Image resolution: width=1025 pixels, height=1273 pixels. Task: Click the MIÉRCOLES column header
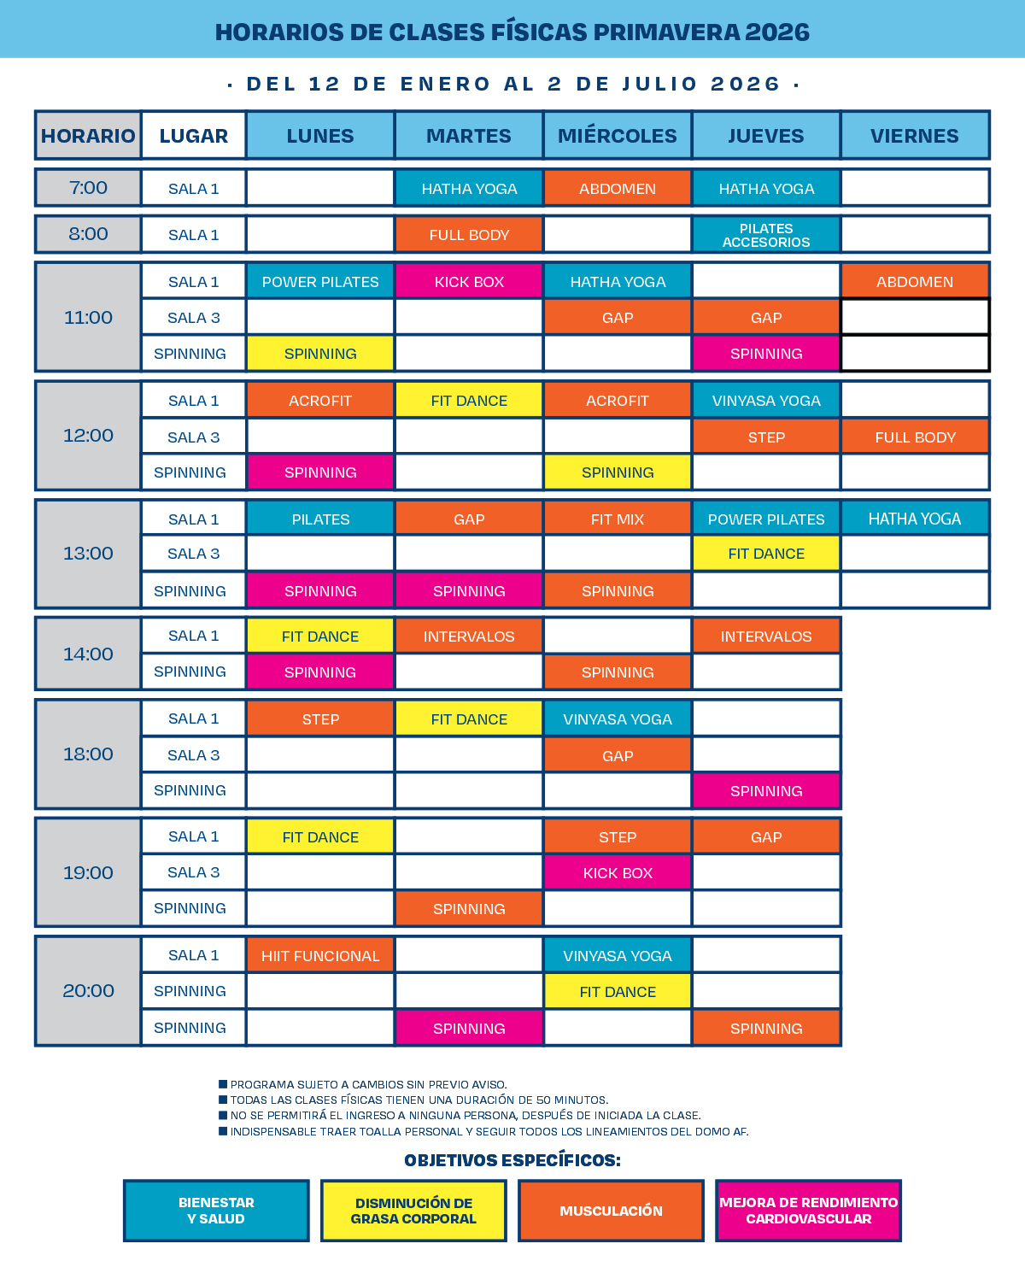pos(618,136)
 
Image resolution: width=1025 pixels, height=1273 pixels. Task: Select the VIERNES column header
pos(915,136)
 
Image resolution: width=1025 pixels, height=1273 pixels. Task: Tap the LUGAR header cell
pos(194,136)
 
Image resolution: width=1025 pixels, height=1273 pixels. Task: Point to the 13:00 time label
pos(88,554)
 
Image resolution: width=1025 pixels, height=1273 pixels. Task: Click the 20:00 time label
pos(88,991)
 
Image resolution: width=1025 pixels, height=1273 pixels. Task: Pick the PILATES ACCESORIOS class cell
pos(766,235)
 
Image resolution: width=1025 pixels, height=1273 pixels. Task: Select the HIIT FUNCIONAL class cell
pos(320,956)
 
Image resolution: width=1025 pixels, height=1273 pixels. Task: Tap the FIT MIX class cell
pos(618,519)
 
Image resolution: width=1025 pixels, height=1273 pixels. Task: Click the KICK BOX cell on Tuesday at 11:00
pos(469,282)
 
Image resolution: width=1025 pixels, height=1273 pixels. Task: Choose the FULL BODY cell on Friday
pos(915,437)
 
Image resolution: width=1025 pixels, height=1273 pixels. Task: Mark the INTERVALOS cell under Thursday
pos(766,636)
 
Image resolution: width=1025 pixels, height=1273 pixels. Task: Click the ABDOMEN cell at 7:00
pos(618,189)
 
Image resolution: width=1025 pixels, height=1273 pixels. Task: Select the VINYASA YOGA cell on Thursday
pos(766,401)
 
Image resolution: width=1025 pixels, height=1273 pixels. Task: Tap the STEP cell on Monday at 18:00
pos(320,719)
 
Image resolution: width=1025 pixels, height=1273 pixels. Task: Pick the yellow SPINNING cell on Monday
pos(320,354)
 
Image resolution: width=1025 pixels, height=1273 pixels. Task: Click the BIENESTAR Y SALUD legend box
pos(216,1211)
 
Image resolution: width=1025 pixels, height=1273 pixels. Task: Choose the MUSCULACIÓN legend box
pos(611,1211)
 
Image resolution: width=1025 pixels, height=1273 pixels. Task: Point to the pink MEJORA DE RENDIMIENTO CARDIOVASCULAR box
pos(808,1211)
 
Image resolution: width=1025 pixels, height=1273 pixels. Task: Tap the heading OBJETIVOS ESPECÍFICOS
pos(512,1160)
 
